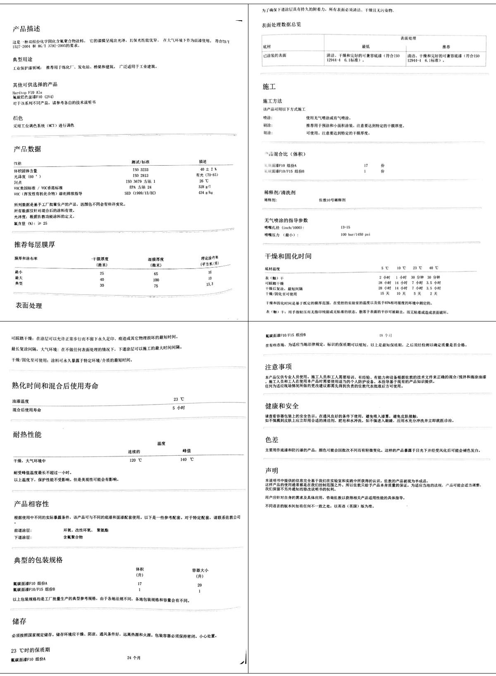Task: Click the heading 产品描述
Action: coord(26,29)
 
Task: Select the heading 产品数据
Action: coord(27,149)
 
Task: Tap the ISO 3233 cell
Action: coord(141,170)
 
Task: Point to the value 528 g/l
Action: coord(205,187)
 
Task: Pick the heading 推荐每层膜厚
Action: coord(35,245)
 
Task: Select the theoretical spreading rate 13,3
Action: coord(210,284)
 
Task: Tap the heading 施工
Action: coord(269,86)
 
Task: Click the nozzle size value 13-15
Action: coord(345,227)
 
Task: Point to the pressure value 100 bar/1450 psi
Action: coord(355,235)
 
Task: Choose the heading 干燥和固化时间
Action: coord(288,256)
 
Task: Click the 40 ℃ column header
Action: coord(434,268)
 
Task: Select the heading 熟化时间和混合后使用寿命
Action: coord(55,386)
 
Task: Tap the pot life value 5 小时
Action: coord(179,408)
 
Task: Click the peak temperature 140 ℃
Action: coord(187,459)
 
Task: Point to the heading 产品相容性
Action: coord(31,504)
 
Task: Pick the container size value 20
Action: coord(200,585)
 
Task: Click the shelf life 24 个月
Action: coord(134,658)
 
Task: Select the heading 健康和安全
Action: coord(282,406)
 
